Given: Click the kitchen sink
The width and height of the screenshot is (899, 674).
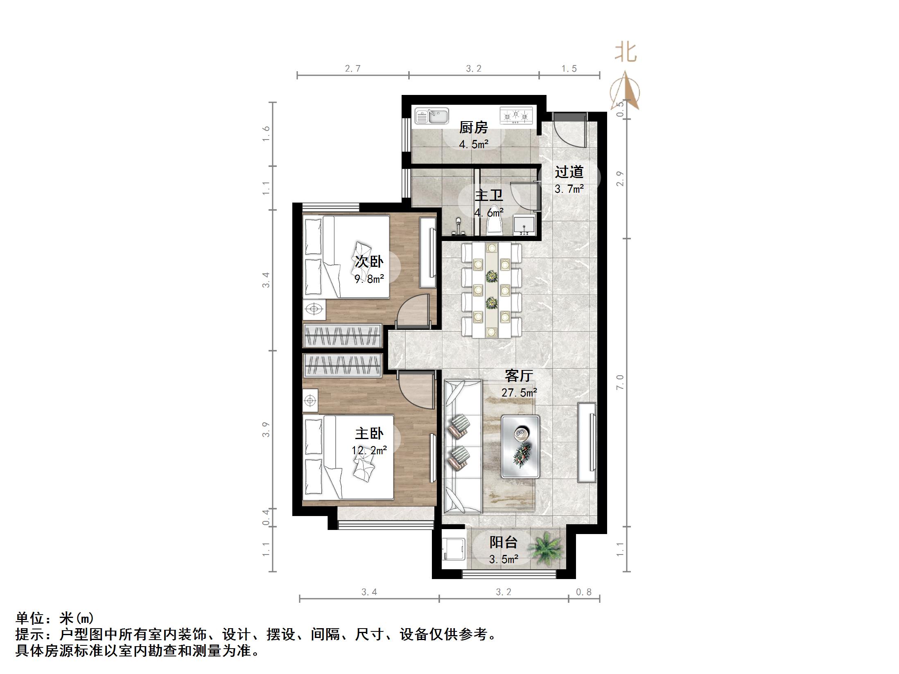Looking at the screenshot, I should (431, 116).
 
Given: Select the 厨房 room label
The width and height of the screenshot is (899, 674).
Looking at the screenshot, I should (473, 128).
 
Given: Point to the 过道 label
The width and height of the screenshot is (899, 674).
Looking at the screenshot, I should (569, 172).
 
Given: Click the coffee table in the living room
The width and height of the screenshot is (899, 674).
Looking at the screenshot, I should (520, 446).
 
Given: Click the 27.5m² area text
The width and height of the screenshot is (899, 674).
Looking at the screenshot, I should (519, 393).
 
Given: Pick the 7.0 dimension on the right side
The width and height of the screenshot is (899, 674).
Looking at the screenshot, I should (620, 382).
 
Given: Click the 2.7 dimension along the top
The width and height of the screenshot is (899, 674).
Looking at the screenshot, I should (352, 68).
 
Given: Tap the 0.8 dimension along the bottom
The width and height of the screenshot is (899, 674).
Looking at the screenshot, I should (584, 592).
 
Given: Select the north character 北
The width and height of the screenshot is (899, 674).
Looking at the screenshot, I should (626, 53).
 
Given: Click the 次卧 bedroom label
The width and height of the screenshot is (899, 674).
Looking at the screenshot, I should (369, 261).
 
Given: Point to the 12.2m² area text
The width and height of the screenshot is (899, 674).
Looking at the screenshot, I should (369, 451).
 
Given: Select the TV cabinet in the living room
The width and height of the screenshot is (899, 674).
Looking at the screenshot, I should (587, 442).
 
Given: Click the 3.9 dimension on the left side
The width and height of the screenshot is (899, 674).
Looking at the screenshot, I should (266, 429).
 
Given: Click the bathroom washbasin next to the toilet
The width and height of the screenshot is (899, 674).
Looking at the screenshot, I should (524, 225).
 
